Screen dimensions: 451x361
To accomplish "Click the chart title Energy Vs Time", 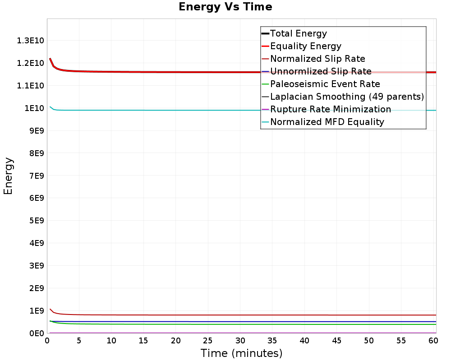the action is click(225, 7).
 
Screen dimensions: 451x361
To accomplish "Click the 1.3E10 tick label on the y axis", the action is click(31, 41).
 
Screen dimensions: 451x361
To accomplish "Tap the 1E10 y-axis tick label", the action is click(34, 108).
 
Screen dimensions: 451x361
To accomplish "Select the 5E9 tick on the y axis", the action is click(37, 221).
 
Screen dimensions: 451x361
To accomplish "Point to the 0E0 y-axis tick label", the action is click(37, 333).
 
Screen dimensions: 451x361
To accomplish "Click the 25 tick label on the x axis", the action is click(207, 341).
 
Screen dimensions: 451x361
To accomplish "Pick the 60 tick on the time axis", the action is click(433, 341).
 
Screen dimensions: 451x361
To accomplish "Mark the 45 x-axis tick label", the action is click(336, 341).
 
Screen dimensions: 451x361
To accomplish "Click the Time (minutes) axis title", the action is click(241, 353).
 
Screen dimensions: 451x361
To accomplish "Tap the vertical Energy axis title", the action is click(8, 176).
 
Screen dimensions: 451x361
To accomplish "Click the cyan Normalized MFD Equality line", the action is click(243, 110).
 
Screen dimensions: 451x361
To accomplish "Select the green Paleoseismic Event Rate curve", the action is click(243, 324).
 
